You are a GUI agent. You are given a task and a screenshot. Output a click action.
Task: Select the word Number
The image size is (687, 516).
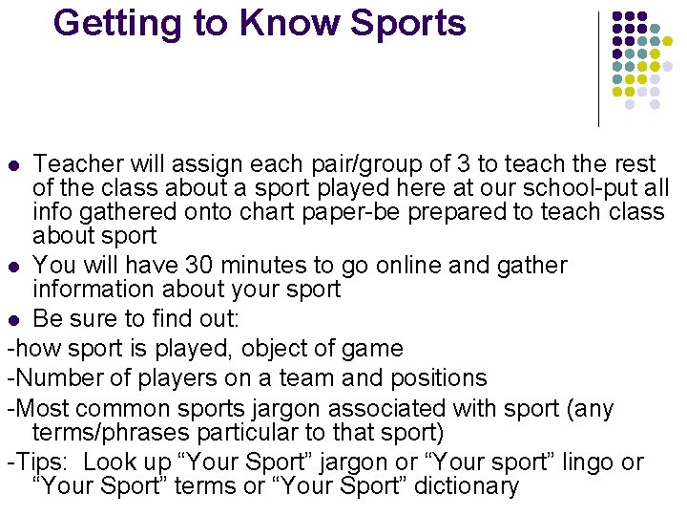point(54,378)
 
